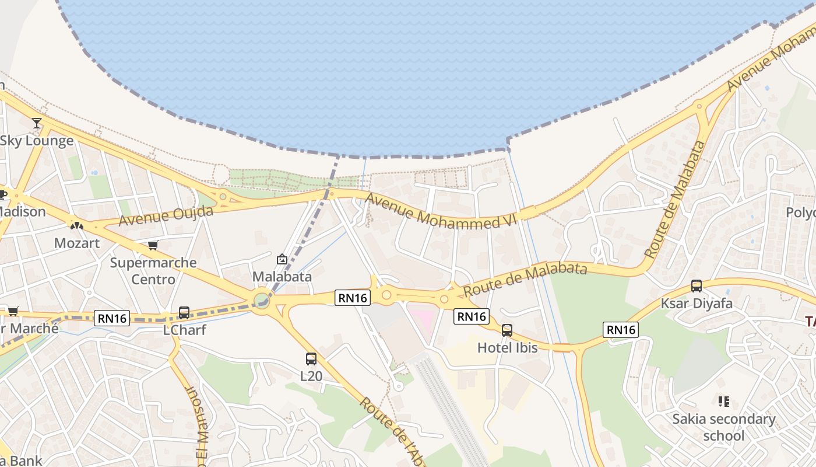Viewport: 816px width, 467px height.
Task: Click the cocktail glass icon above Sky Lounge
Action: [37, 123]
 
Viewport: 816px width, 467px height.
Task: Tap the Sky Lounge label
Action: [37, 141]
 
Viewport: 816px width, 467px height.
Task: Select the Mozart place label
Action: [77, 243]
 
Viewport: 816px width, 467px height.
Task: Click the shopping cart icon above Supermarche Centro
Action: [153, 245]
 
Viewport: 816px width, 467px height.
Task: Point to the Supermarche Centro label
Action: [153, 271]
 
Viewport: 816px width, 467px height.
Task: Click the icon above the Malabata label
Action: [282, 259]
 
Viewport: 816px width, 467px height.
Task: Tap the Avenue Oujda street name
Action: [166, 215]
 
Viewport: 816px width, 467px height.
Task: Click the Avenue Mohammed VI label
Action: [441, 211]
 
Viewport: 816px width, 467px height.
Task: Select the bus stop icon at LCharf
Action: [184, 313]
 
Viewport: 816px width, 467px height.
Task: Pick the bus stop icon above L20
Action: [311, 359]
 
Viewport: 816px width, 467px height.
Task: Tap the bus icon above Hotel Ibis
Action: [507, 330]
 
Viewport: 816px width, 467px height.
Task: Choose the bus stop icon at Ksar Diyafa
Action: [697, 286]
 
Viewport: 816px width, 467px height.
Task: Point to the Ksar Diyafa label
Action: [697, 304]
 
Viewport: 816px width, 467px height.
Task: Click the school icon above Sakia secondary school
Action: [724, 402]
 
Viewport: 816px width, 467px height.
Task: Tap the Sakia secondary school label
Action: [724, 427]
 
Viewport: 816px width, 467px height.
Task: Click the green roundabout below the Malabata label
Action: [262, 301]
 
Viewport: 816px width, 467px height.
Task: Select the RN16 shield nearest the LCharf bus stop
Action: [112, 318]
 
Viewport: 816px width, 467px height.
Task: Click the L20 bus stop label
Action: [311, 377]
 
